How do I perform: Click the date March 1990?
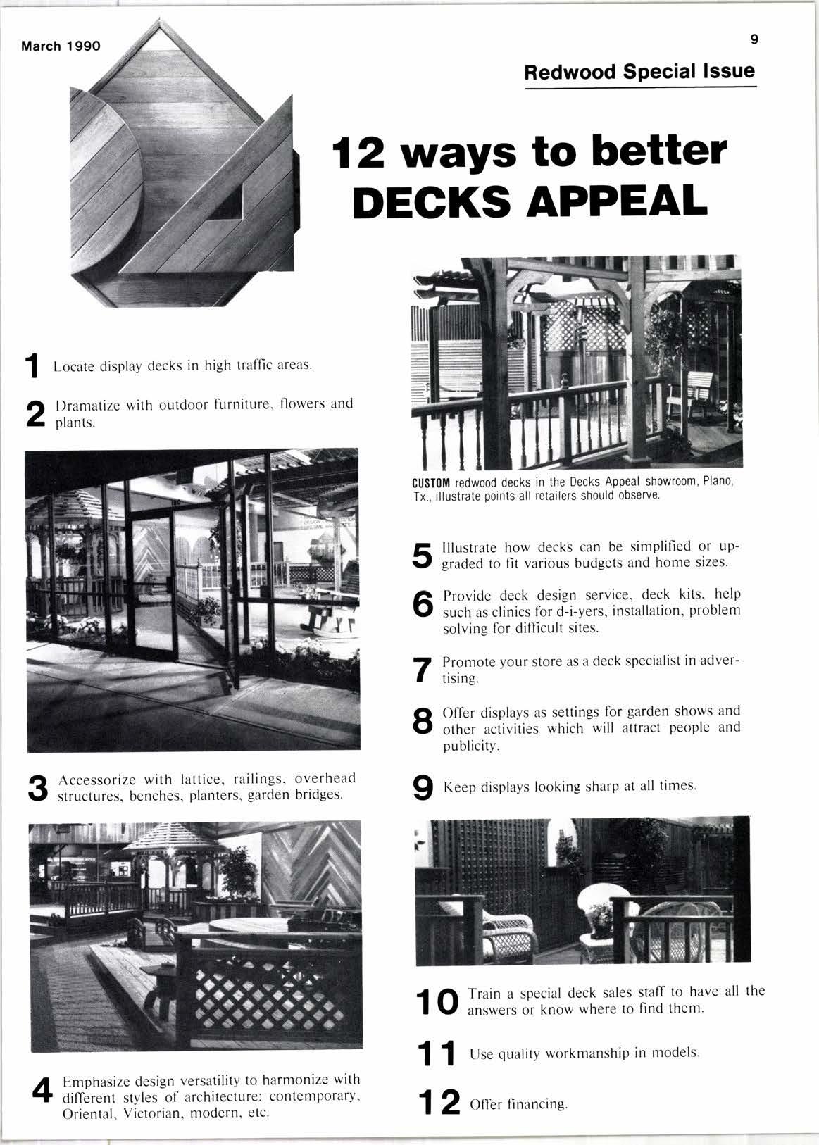coord(61,46)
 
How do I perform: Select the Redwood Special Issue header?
coord(639,72)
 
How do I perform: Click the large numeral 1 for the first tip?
coord(31,366)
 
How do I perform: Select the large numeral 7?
coord(421,670)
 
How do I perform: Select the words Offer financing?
coord(518,1103)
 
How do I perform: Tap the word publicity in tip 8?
coord(470,745)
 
